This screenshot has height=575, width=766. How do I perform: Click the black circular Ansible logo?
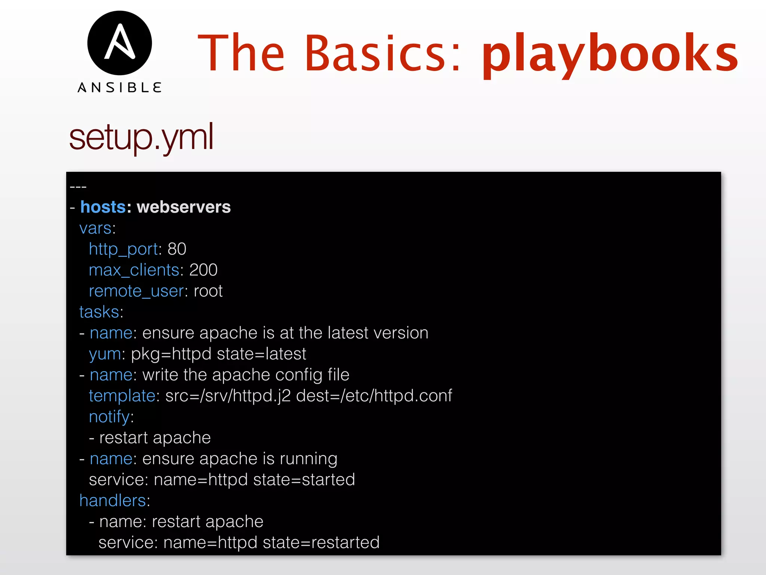point(120,43)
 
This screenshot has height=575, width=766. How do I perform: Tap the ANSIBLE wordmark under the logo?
point(120,88)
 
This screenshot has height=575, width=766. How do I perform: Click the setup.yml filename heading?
point(141,137)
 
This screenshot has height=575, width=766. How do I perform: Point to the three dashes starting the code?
point(78,186)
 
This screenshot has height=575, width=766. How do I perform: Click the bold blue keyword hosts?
point(103,207)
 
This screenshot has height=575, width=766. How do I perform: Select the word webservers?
point(184,207)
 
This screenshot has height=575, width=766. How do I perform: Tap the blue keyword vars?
point(95,228)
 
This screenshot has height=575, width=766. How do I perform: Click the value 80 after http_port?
point(177,249)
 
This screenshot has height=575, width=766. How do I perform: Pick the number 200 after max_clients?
point(203,270)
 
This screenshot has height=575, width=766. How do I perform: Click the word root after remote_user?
point(208,291)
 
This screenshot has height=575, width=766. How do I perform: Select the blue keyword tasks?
point(99,312)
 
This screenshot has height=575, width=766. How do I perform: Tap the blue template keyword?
point(122,396)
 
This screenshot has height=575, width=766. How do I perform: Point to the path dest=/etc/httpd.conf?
point(374,396)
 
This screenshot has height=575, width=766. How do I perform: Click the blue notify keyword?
point(109,417)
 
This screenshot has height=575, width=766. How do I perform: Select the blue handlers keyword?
point(113,501)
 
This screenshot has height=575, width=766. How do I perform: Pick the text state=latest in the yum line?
point(261,354)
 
